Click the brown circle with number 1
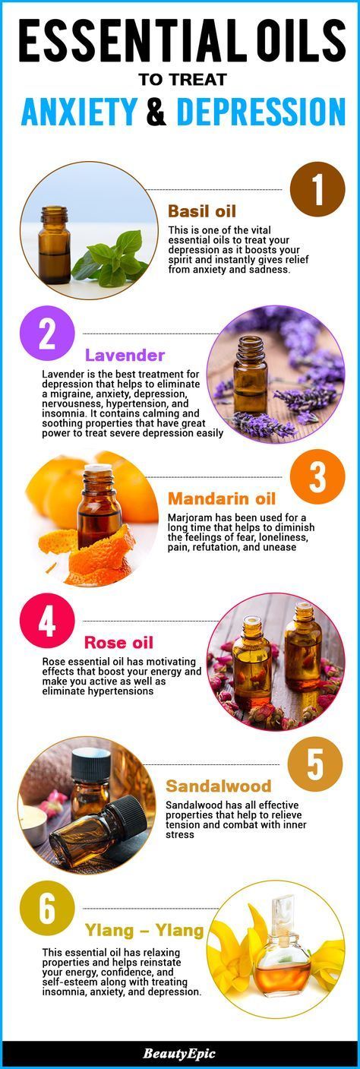coord(317,189)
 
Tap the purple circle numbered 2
coord(47,334)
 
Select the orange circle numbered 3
coord(317,476)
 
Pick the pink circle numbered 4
coord(47,621)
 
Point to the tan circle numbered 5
coord(315,764)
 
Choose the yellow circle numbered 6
coord(47,909)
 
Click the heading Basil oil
coord(202,211)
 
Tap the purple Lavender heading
coord(125,355)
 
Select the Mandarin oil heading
coord(222,498)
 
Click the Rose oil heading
coord(118,642)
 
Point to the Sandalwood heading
coord(219,786)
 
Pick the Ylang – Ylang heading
coord(144,930)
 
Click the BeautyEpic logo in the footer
coord(179,1054)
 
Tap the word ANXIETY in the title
coord(79,111)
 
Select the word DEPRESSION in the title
coord(261,111)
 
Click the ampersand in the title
coord(156,111)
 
